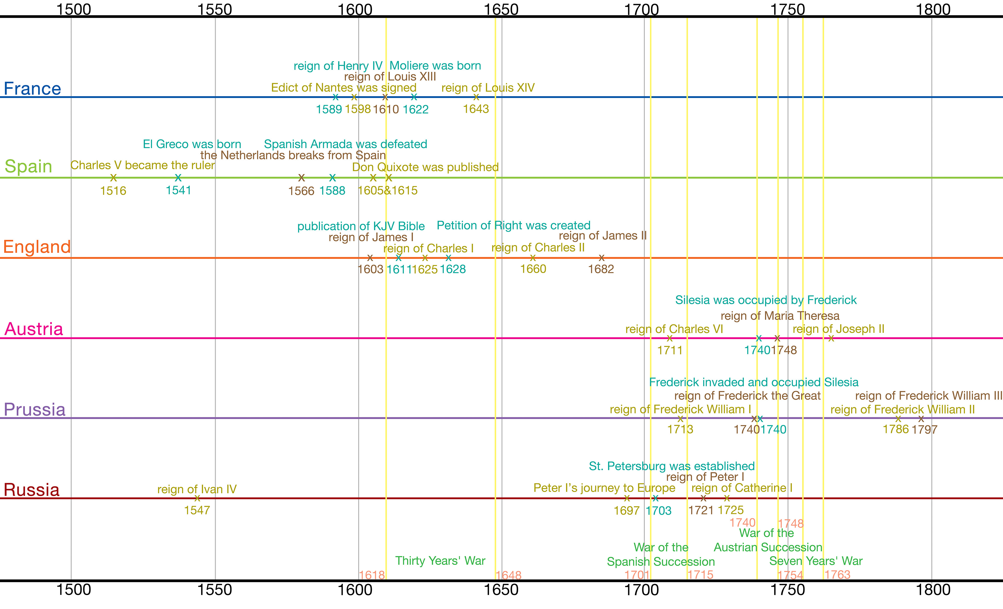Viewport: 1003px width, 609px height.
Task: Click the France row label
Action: (x=32, y=89)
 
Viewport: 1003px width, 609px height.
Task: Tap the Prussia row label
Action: (x=34, y=410)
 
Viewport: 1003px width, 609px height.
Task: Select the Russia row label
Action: (x=31, y=490)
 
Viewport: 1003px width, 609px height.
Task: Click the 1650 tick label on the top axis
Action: (x=501, y=9)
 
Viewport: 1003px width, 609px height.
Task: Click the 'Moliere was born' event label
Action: (x=435, y=66)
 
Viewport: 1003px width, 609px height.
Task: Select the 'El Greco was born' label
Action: (x=192, y=144)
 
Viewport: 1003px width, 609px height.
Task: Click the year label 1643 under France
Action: (x=476, y=109)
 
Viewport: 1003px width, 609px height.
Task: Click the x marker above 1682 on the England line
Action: (x=602, y=258)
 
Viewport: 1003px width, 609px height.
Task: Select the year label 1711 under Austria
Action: (x=670, y=350)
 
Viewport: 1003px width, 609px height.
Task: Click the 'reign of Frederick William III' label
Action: (x=929, y=396)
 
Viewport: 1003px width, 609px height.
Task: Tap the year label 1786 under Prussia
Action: (x=896, y=429)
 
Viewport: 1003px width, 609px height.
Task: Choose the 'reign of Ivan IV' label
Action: (x=197, y=489)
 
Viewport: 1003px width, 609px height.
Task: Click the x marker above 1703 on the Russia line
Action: (x=655, y=498)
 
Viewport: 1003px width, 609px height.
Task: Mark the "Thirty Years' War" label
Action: (x=440, y=561)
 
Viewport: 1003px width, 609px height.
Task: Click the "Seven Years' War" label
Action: (x=816, y=561)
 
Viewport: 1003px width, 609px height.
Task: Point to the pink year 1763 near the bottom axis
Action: (x=837, y=575)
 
